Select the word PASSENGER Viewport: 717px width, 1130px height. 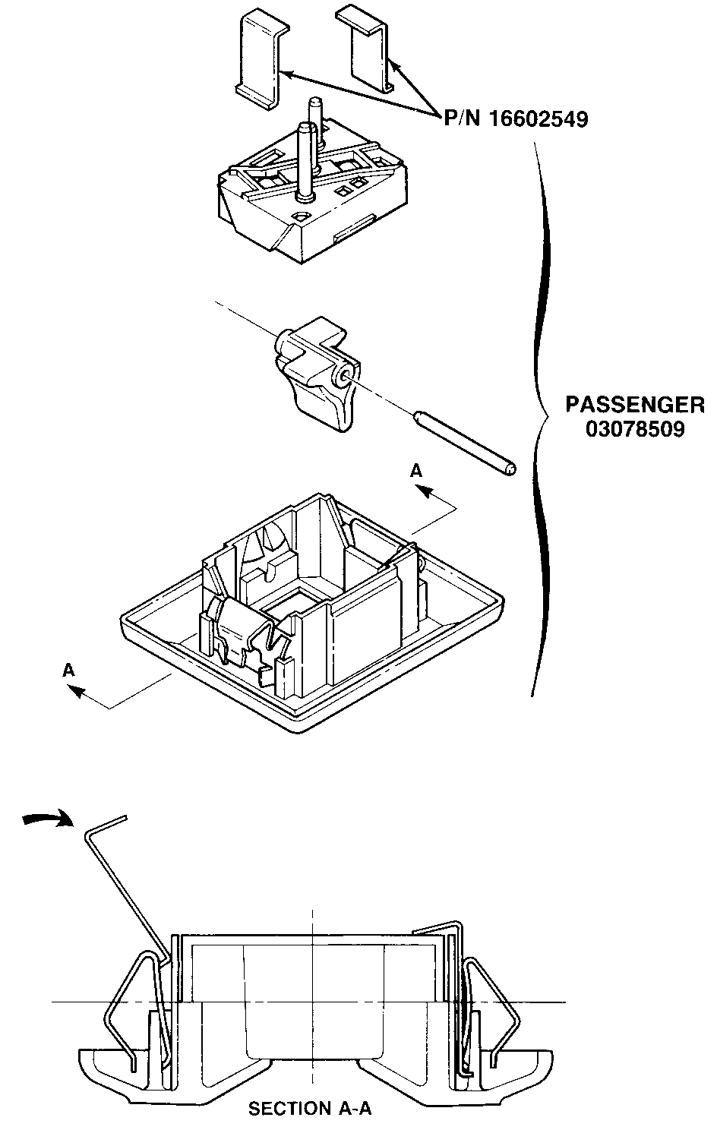(634, 404)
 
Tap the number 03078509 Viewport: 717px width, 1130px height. (634, 429)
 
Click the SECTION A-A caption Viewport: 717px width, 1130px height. (310, 1109)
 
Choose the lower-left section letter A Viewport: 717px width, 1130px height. (69, 670)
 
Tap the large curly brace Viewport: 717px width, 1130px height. (541, 418)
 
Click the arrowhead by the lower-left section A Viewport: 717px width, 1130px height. (74, 690)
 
